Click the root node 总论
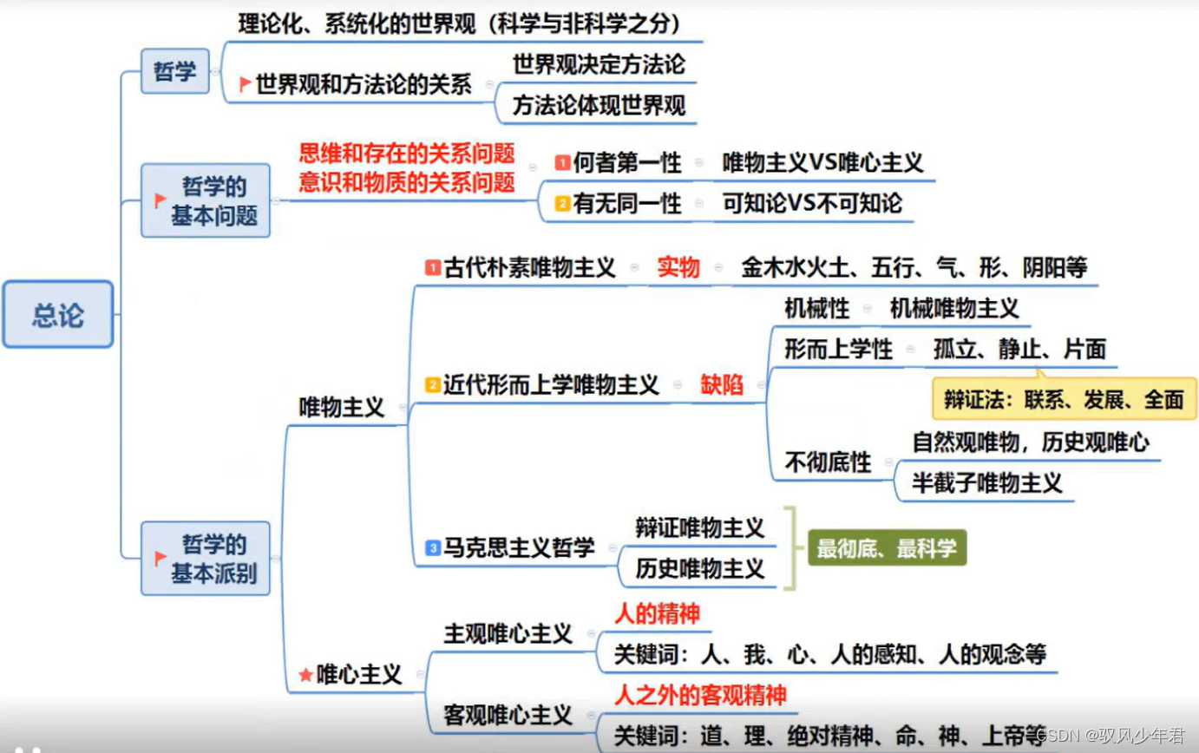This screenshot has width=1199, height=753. click(58, 314)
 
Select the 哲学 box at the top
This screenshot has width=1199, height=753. click(175, 71)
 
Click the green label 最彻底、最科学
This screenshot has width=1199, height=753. click(887, 548)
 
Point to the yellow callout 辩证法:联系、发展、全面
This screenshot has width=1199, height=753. click(1065, 399)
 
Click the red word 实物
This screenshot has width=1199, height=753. click(678, 268)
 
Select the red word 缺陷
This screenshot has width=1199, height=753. click(722, 385)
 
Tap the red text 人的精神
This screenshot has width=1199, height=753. click(657, 614)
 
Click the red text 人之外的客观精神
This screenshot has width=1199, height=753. click(700, 695)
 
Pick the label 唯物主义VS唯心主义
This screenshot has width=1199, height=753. click(822, 162)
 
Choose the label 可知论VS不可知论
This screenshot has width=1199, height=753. click(812, 203)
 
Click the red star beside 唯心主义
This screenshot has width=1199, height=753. click(305, 674)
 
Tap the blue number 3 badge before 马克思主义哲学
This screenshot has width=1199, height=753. click(432, 547)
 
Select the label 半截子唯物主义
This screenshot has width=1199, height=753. click(987, 483)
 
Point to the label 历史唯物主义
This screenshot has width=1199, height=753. click(699, 568)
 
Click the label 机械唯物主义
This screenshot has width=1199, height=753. click(954, 308)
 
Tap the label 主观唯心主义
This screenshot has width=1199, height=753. click(508, 634)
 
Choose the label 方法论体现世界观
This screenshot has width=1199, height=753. click(599, 105)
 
